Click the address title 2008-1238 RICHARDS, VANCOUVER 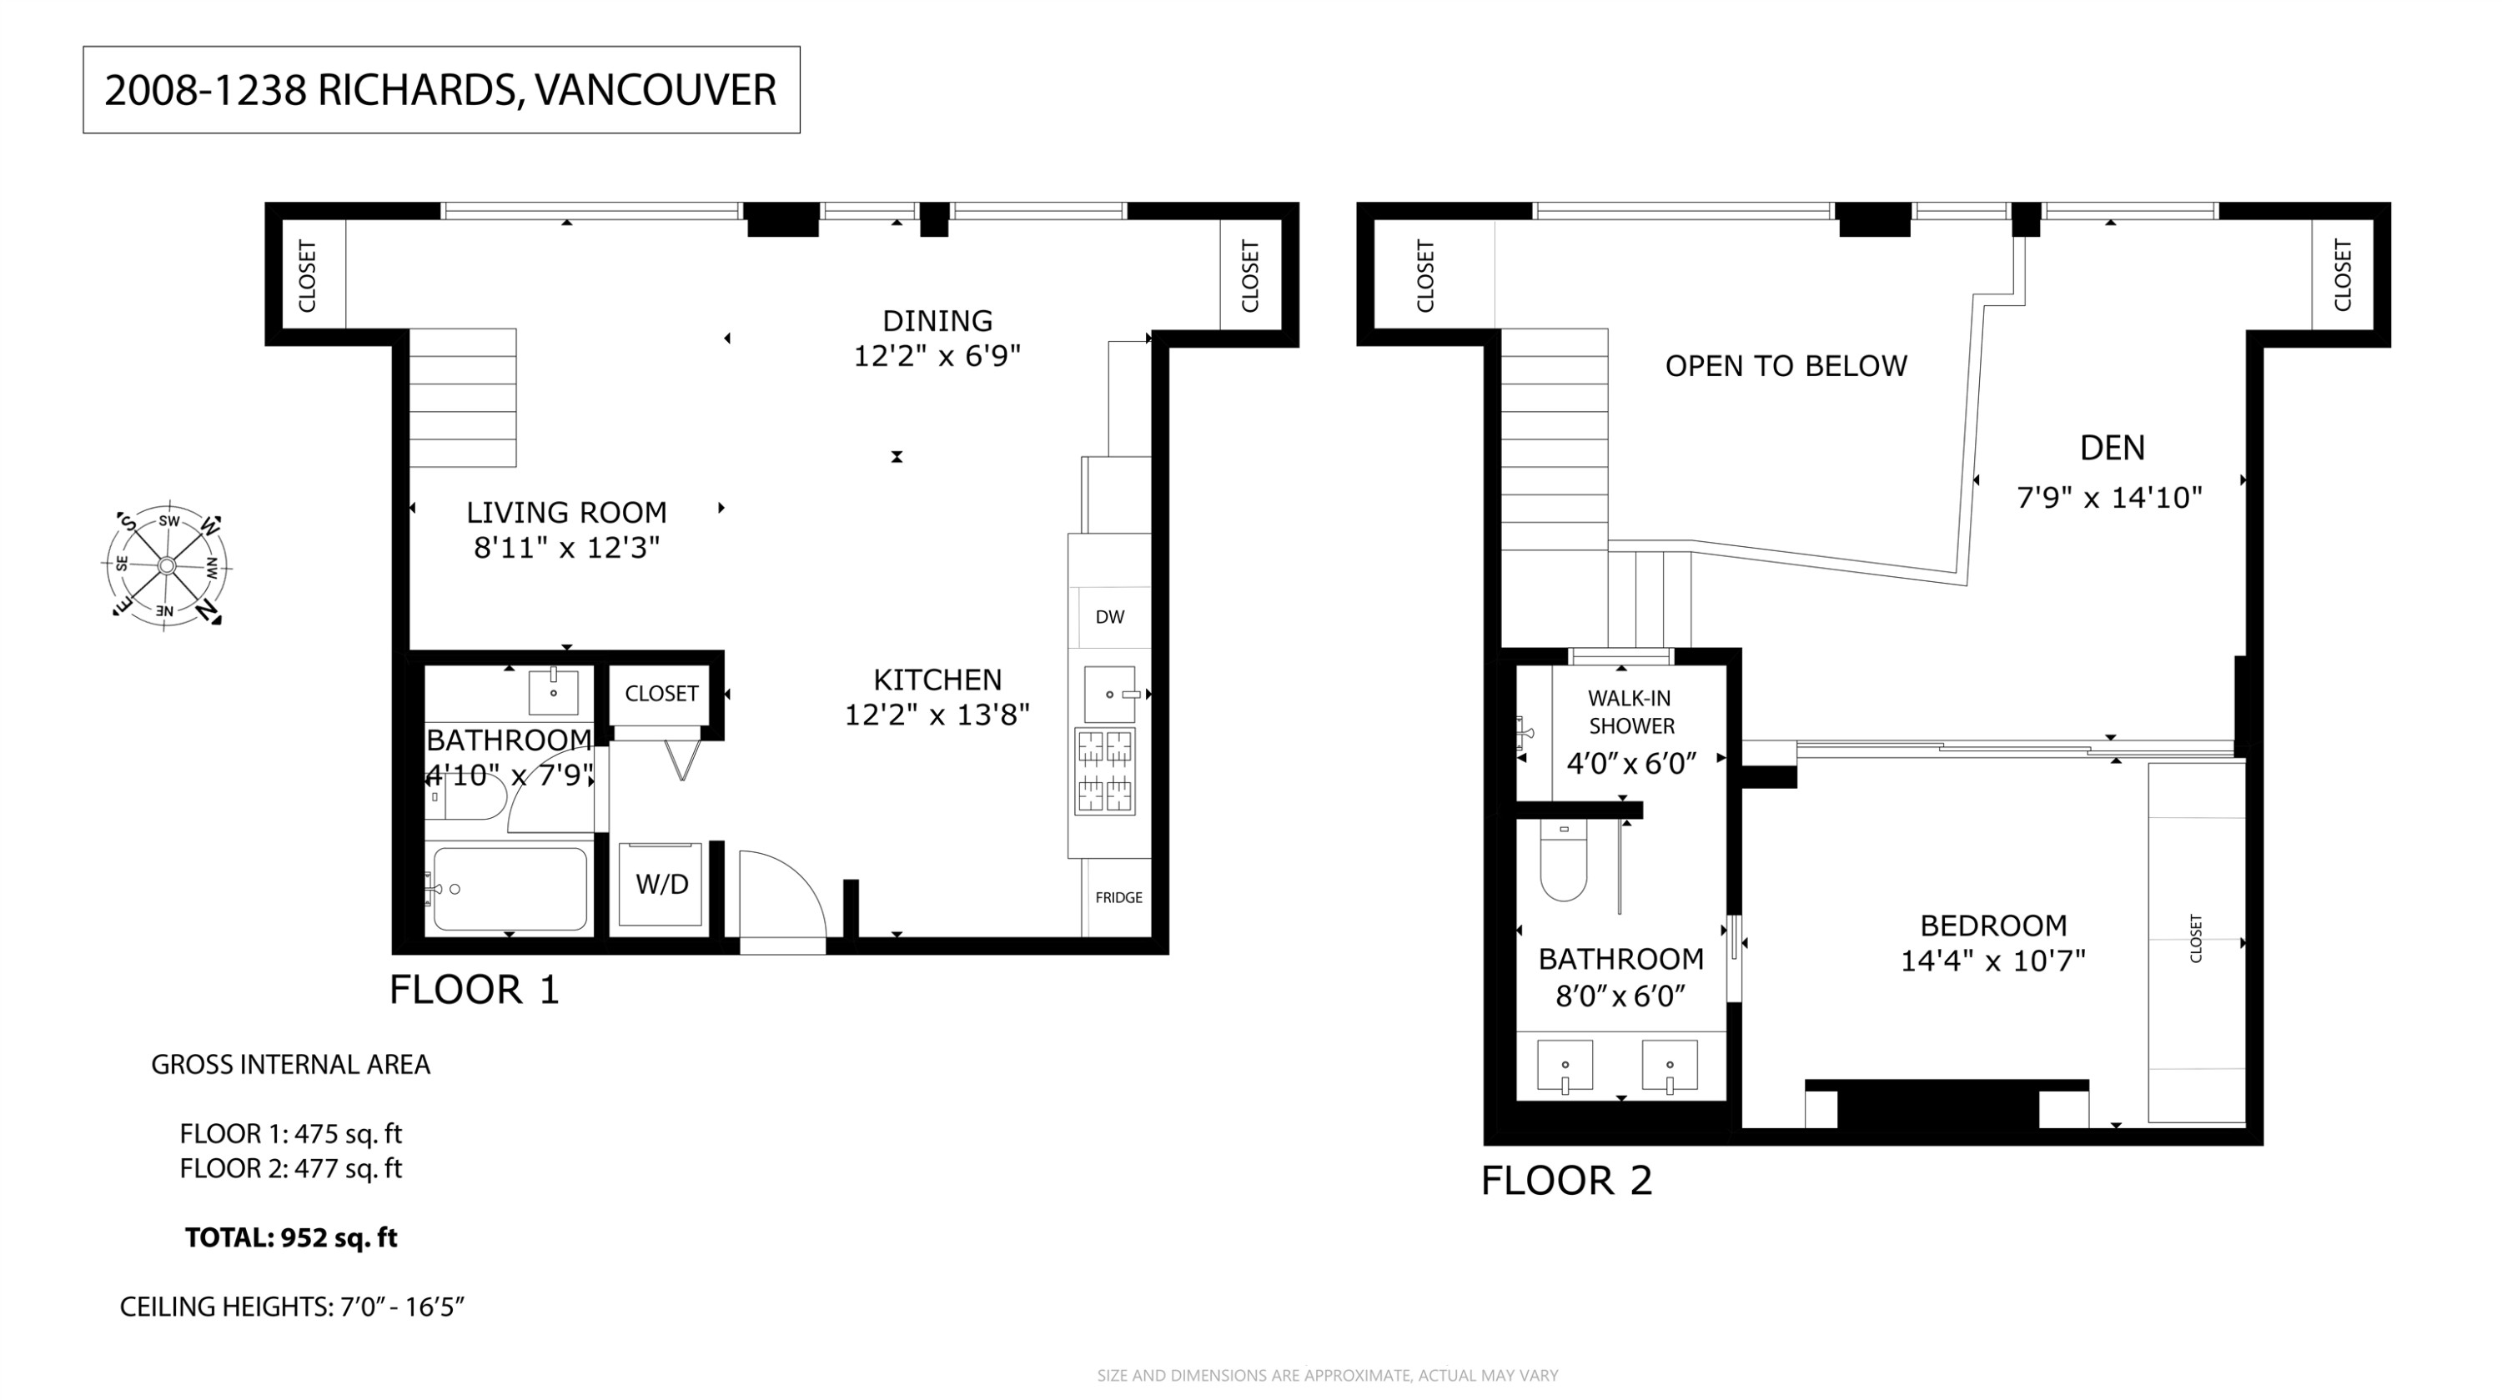(x=440, y=90)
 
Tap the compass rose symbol (x=167, y=566)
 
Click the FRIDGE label (x=1118, y=898)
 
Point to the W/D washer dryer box (x=661, y=885)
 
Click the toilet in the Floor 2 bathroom (x=1563, y=861)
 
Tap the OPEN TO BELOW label (x=1786, y=367)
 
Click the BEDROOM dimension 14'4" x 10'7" (x=1992, y=962)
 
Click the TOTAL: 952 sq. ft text (x=291, y=1239)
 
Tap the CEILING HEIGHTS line (x=291, y=1307)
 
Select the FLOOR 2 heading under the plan (x=1565, y=1182)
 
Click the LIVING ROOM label (x=566, y=513)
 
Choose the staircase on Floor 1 (x=462, y=398)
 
